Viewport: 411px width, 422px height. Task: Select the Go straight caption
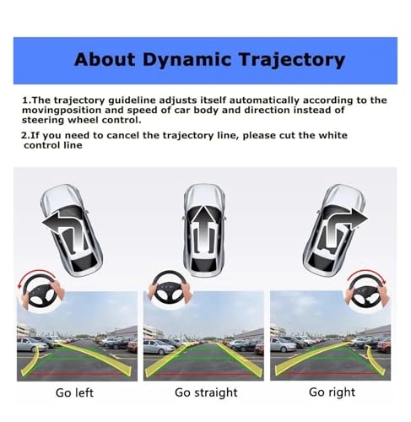pos(204,392)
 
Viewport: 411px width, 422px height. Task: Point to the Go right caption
pos(332,392)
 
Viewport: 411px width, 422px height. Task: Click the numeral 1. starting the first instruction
pos(25,100)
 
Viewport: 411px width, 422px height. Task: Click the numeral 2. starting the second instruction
pos(25,135)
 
